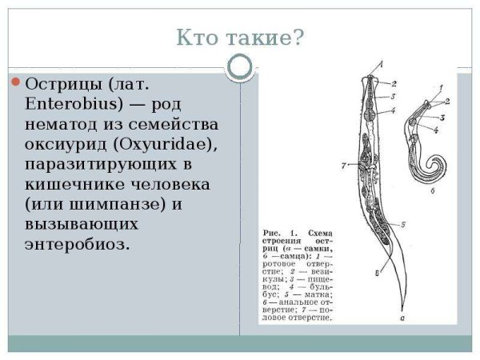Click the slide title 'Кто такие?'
point(240,38)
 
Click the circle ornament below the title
point(239,67)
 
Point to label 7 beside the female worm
point(342,166)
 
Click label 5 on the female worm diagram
point(402,225)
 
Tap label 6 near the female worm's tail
point(375,273)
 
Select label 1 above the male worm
point(440,86)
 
